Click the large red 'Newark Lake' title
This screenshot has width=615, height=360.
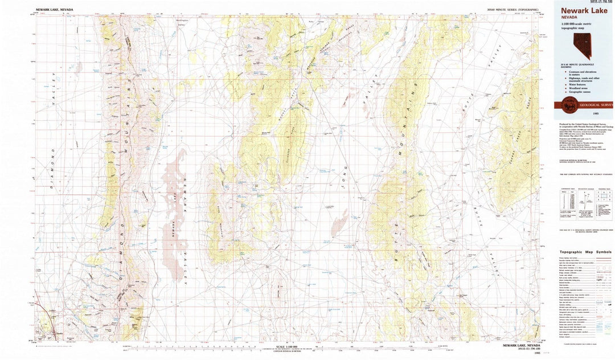(584, 10)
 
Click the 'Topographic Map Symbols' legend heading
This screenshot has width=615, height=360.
(585, 251)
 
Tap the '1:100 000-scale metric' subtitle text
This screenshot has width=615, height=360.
(577, 23)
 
